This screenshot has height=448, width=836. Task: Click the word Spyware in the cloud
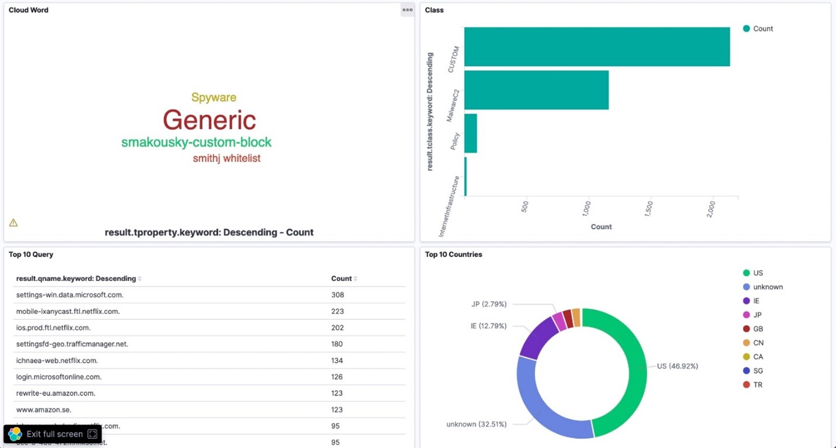[213, 98]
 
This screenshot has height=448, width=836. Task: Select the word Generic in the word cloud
[209, 120]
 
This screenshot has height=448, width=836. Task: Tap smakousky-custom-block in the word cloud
[196, 142]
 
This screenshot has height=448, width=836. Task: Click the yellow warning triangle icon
[13, 223]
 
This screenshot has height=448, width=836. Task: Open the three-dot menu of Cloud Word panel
[407, 10]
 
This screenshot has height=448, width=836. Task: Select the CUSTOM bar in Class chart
[596, 47]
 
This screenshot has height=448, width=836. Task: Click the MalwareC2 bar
[536, 90]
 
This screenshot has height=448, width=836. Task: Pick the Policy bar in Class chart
[471, 133]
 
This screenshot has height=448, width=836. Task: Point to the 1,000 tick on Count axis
[587, 207]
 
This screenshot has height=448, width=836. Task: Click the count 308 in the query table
[337, 295]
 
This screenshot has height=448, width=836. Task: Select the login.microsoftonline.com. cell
[59, 377]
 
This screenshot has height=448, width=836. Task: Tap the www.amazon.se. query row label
[44, 409]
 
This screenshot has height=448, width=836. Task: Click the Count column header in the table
[341, 279]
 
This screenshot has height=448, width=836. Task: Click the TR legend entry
[758, 385]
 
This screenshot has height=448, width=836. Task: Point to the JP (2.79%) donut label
[489, 304]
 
